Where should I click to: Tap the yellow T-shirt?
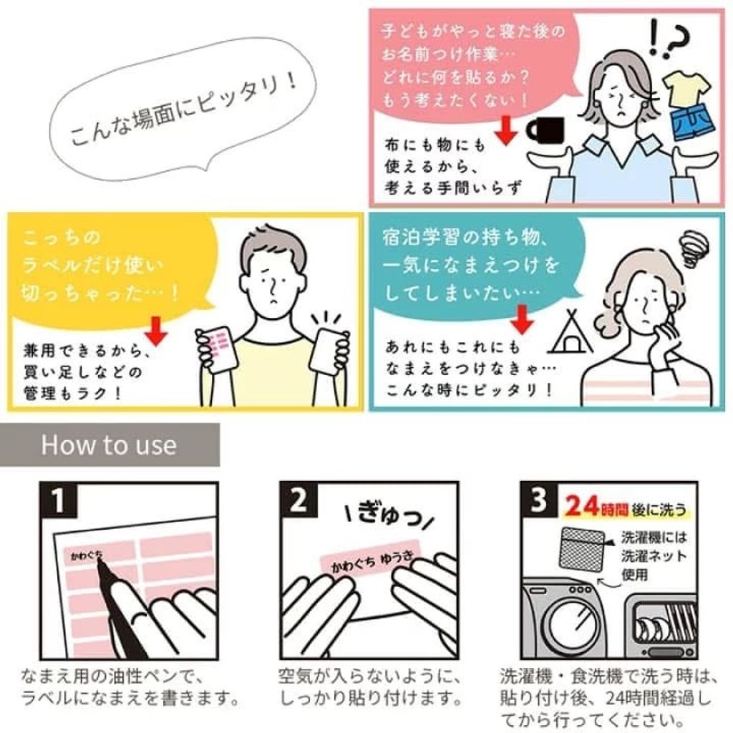[x=686, y=88]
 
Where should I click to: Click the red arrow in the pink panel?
[x=506, y=130]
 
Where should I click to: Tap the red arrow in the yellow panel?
[x=156, y=331]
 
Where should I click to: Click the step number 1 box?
[x=58, y=500]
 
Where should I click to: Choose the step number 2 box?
[x=299, y=500]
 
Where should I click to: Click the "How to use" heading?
[x=109, y=445]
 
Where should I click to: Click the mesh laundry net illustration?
[x=583, y=553]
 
